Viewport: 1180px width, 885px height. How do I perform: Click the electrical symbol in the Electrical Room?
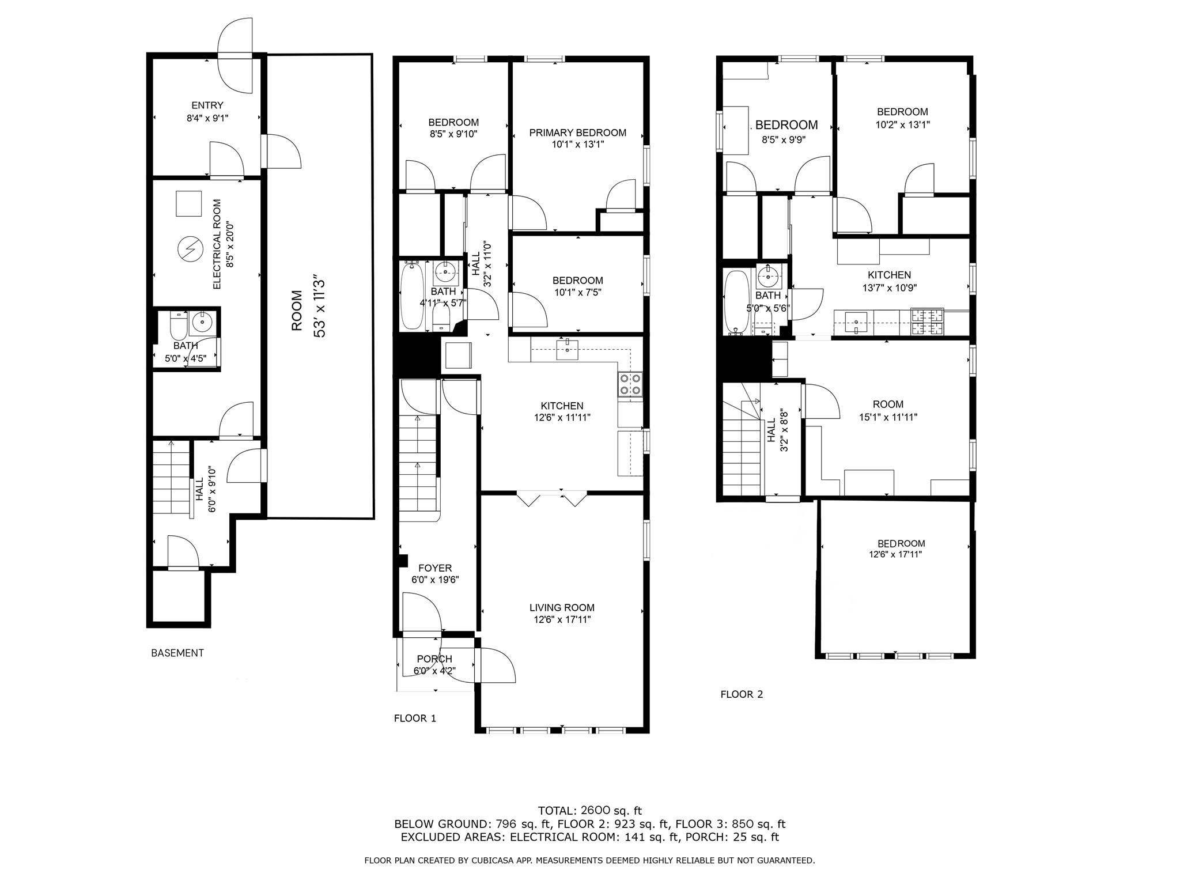pos(190,249)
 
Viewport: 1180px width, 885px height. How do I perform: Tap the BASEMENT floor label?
pos(177,653)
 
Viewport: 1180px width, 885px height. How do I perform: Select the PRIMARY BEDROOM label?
pos(577,133)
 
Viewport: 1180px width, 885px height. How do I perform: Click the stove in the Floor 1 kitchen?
pos(630,384)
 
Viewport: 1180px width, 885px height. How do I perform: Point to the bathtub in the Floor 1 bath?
pos(412,297)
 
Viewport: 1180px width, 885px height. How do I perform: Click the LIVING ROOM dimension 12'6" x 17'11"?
pos(562,620)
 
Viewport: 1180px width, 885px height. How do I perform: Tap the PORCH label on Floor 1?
pos(434,659)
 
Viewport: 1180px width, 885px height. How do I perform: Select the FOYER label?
pos(435,568)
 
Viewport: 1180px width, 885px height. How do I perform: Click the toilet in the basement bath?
pos(179,326)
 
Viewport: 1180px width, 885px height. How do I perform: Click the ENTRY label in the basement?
pos(207,105)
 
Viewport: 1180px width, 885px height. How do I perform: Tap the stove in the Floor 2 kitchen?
pos(926,322)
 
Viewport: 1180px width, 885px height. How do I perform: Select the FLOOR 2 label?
pos(742,694)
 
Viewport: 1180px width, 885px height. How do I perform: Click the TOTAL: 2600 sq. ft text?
pos(589,811)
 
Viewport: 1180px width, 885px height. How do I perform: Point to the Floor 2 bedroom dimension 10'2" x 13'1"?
pos(902,124)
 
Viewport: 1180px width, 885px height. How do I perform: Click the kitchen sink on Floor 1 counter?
pos(568,349)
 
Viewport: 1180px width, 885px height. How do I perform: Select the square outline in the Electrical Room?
pos(188,203)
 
